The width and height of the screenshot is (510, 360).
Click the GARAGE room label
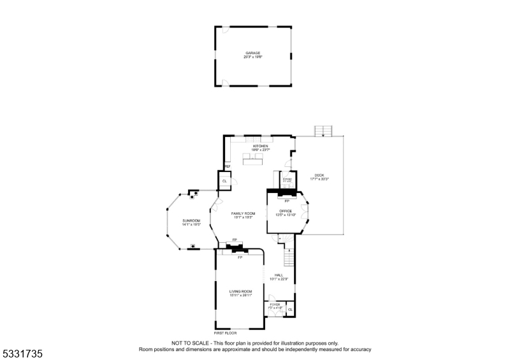[x=252, y=53]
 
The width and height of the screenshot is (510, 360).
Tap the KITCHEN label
[x=260, y=146]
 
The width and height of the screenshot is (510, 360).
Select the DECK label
[x=319, y=175]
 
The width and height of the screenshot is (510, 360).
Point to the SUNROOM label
[x=191, y=220]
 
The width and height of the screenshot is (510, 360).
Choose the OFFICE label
[x=286, y=210]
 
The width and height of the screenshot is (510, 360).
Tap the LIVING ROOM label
[x=241, y=291]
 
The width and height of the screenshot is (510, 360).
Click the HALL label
[x=279, y=275]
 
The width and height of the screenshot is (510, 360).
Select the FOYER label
[x=275, y=305]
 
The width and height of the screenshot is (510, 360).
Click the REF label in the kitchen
[x=226, y=166]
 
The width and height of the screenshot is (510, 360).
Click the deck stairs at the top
[x=325, y=131]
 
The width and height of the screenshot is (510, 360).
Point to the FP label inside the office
[x=287, y=201]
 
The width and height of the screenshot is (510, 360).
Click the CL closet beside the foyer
[x=290, y=310]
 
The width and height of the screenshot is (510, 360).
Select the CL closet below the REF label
[x=224, y=181]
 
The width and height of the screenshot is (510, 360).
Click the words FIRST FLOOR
[x=225, y=333]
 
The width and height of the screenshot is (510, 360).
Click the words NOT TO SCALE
[x=186, y=343]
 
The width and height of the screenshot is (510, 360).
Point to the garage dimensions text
[x=252, y=57]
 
